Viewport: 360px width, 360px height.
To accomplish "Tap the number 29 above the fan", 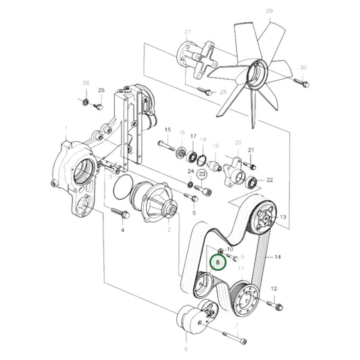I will pos(269,11).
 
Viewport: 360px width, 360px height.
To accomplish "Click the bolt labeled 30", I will pos(301,83).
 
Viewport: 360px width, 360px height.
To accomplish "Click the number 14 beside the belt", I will pos(277,258).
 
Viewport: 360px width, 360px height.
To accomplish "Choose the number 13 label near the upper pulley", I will pos(282,217).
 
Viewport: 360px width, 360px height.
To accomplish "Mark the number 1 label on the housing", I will pos(66,128).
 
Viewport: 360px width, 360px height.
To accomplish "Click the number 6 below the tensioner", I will pos(186,349).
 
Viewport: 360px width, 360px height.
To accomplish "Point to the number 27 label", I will pos(188,32).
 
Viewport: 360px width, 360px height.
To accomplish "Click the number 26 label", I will pos(86,83).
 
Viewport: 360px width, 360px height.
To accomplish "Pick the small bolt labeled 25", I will pos(98,105).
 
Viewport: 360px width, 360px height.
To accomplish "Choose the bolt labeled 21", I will pos(251,164).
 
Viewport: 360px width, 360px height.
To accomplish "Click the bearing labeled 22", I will pos(255,180).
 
